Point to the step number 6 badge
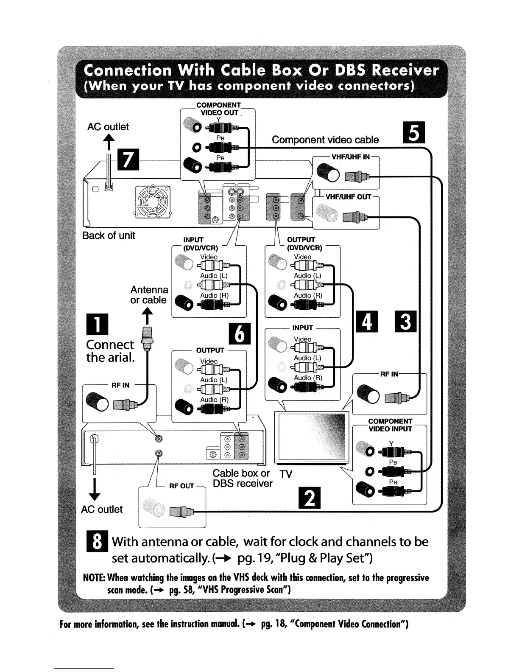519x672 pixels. [x=240, y=334]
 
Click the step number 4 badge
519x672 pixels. [x=368, y=322]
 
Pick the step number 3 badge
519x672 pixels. [x=406, y=322]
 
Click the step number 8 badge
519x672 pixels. [x=97, y=542]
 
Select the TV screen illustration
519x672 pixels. [x=311, y=437]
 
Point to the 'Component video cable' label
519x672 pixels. [x=325, y=140]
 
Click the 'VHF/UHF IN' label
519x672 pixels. [x=350, y=157]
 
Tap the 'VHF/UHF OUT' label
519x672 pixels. [x=348, y=197]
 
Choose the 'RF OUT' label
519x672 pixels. [x=181, y=486]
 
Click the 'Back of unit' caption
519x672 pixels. [x=109, y=235]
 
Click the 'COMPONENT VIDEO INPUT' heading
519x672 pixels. [x=390, y=425]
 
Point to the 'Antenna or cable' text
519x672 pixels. [x=149, y=295]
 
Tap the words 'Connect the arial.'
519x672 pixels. [x=110, y=351]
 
